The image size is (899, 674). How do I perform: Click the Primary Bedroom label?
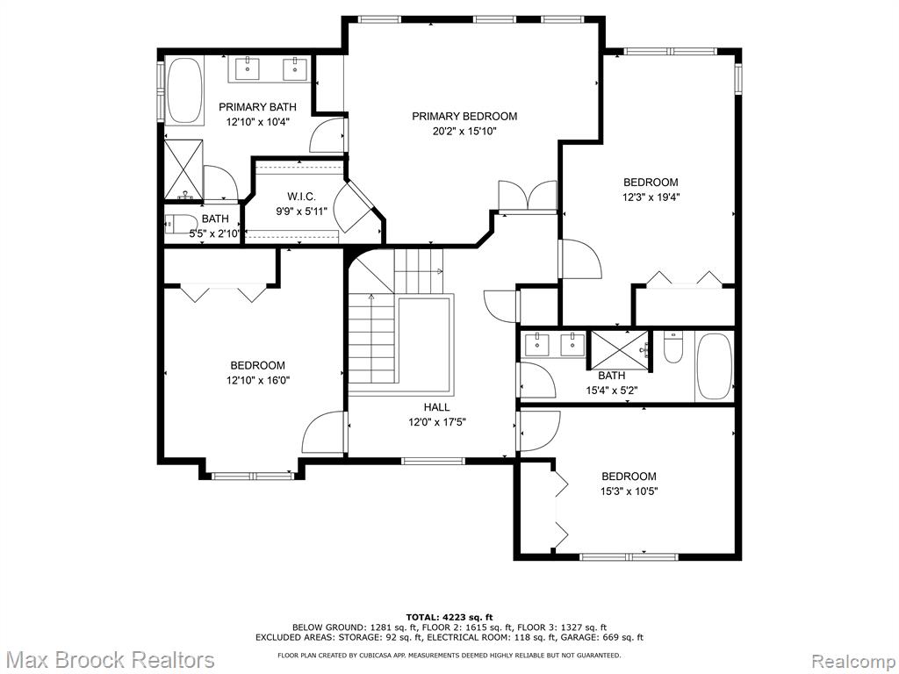pyautogui.click(x=464, y=117)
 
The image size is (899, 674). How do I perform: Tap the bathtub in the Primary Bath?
pyautogui.click(x=183, y=90)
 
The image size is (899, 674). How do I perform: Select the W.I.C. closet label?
pyautogui.click(x=302, y=197)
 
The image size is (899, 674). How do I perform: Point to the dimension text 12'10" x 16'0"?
pyautogui.click(x=258, y=380)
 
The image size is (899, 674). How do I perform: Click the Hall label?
pyautogui.click(x=437, y=407)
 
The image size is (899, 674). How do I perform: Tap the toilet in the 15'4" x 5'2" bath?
pyautogui.click(x=673, y=348)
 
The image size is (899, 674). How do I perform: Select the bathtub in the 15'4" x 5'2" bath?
pyautogui.click(x=714, y=367)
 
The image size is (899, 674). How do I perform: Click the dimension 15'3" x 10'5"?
pyautogui.click(x=629, y=491)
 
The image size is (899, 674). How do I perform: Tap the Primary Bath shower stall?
pyautogui.click(x=184, y=170)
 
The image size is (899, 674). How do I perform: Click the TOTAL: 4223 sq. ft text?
pyautogui.click(x=449, y=617)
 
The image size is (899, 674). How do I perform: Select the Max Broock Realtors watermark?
pyautogui.click(x=108, y=659)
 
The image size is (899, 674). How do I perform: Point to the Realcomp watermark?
pyautogui.click(x=853, y=660)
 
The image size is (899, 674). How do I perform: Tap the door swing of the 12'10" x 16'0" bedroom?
pyautogui.click(x=324, y=433)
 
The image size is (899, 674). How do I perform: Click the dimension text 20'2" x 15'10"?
pyautogui.click(x=464, y=132)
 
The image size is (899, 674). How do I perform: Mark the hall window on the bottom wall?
pyautogui.click(x=433, y=460)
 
